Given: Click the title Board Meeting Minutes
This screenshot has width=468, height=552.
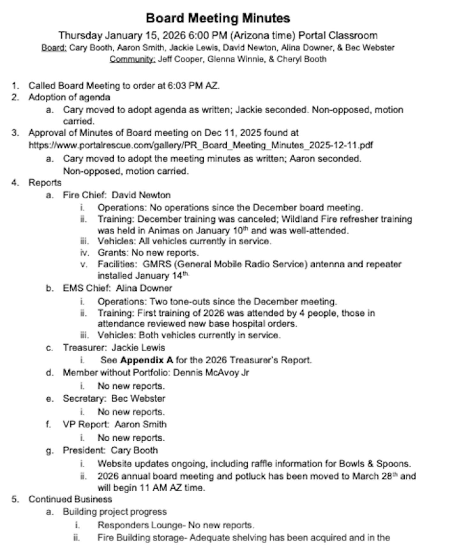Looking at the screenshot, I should [218, 18].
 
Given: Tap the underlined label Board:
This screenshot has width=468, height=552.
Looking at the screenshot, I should [54, 48].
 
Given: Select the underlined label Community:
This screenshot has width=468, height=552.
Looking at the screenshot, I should [132, 59].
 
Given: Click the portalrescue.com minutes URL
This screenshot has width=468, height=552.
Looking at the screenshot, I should [200, 145].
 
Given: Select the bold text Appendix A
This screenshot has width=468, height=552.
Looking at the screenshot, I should [147, 360].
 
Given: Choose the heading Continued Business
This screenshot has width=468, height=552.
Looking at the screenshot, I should [70, 499].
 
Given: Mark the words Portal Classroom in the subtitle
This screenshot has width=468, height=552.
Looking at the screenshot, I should [337, 35].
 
